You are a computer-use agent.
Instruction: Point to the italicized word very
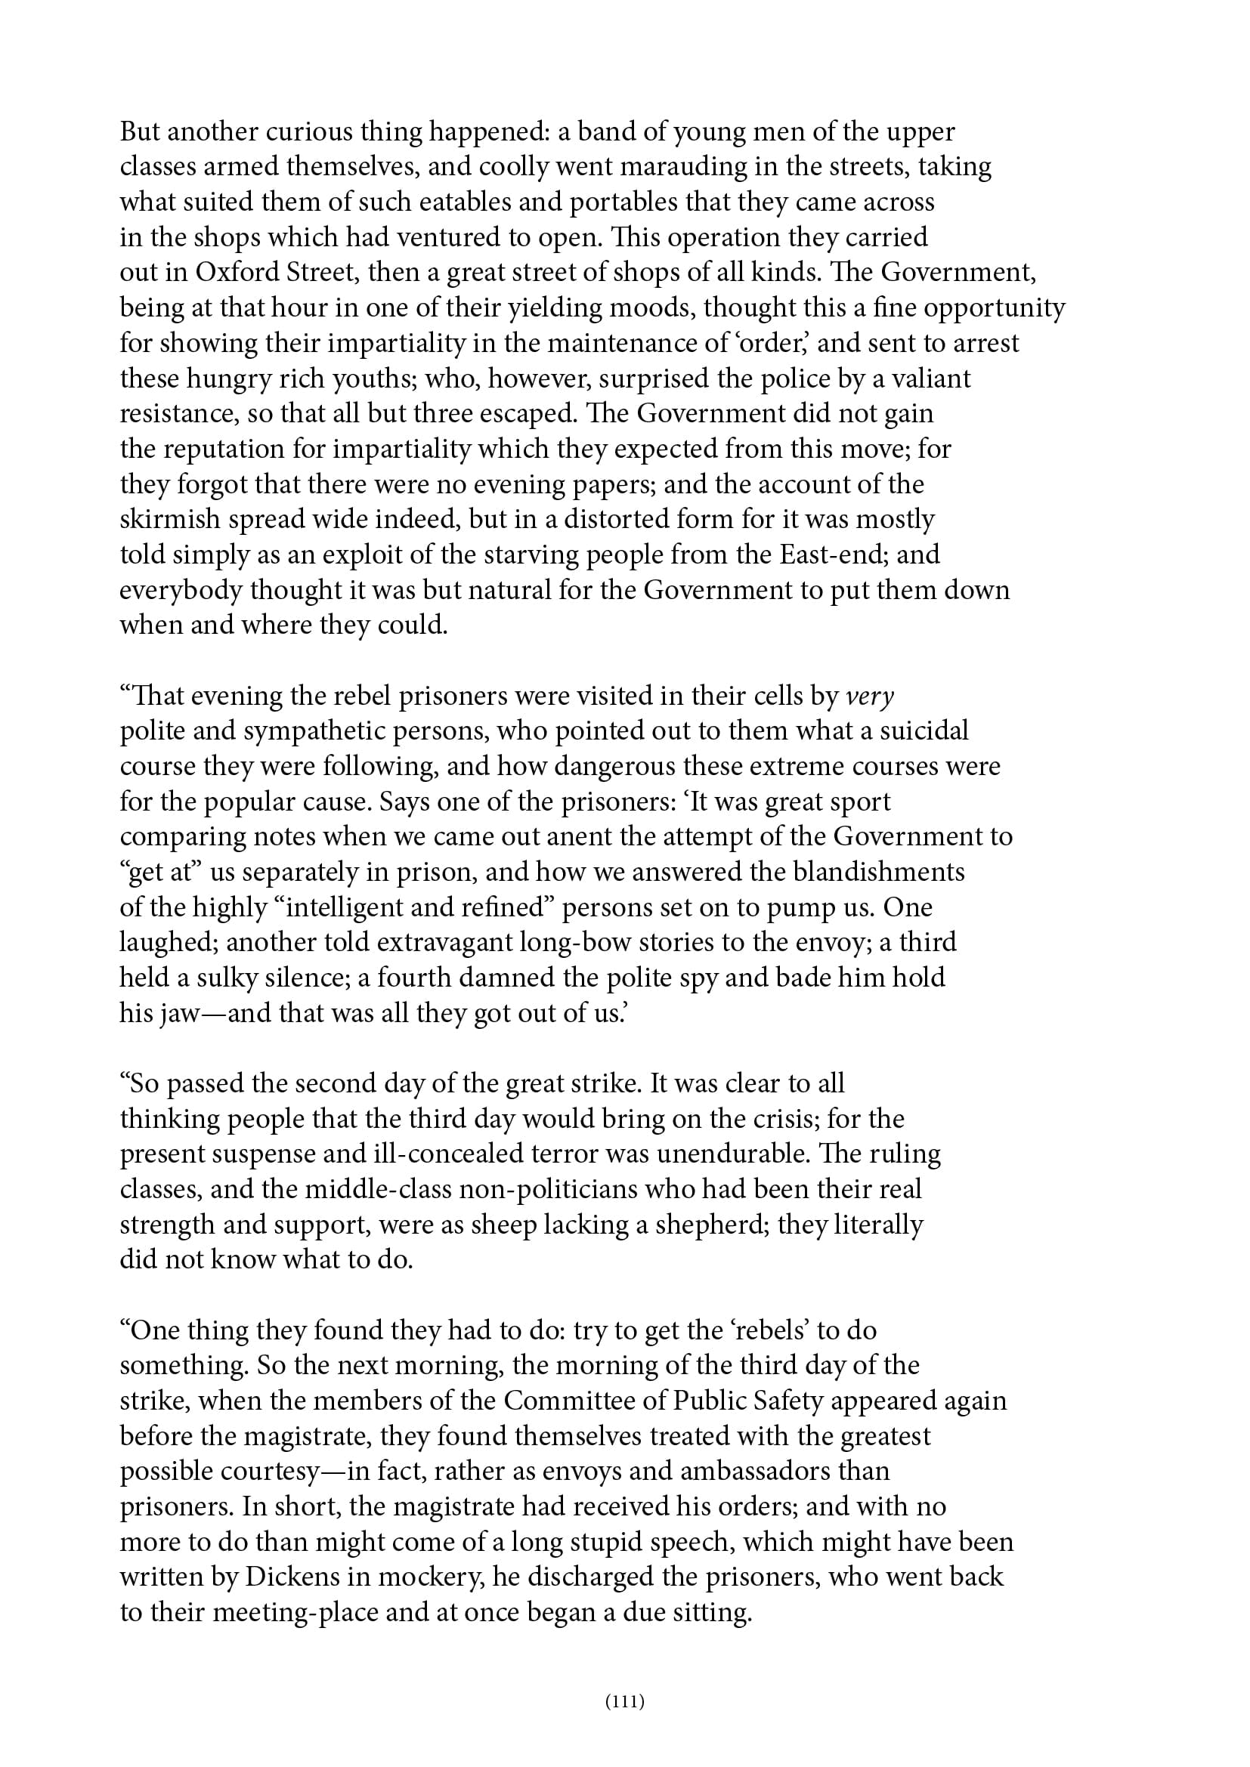pos(870,696)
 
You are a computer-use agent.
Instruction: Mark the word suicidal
pos(924,731)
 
